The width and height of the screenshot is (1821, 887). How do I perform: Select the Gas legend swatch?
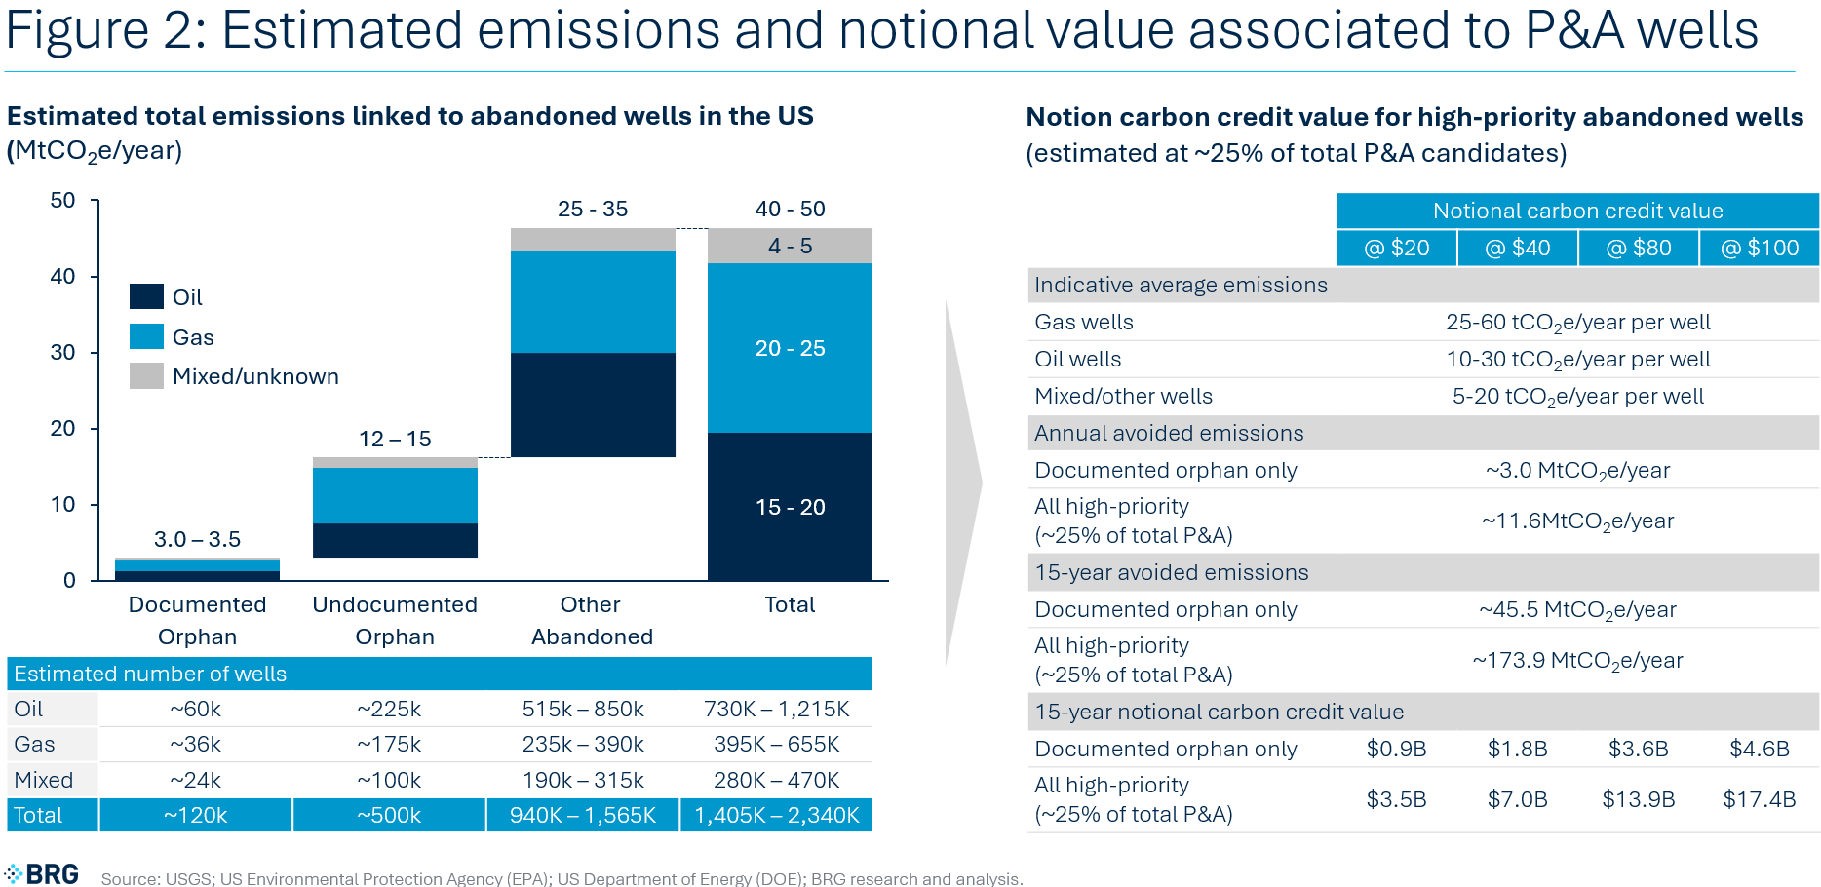pyautogui.click(x=146, y=336)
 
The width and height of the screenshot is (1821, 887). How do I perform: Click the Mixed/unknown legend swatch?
pyautogui.click(x=146, y=376)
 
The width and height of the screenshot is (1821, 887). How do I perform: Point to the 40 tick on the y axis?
pyautogui.click(x=62, y=277)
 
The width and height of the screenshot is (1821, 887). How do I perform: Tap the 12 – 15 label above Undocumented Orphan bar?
pyautogui.click(x=395, y=439)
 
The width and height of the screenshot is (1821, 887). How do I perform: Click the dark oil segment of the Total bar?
pyautogui.click(x=790, y=507)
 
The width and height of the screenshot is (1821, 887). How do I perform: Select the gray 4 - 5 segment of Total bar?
pyautogui.click(x=790, y=246)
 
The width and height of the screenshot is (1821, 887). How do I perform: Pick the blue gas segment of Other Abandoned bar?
pyautogui.click(x=593, y=302)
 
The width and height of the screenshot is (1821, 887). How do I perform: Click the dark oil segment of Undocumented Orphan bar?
pyautogui.click(x=395, y=540)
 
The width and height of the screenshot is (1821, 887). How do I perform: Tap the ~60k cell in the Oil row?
pyautogui.click(x=195, y=709)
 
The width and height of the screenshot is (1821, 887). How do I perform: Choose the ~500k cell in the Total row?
pyautogui.click(x=389, y=815)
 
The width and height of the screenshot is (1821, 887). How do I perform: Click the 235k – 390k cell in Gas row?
pyautogui.click(x=583, y=744)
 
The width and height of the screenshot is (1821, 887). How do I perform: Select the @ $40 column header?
pyautogui.click(x=1517, y=248)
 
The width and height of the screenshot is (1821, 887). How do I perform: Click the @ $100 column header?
pyautogui.click(x=1760, y=248)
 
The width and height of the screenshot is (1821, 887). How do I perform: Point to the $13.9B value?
pyautogui.click(x=1638, y=799)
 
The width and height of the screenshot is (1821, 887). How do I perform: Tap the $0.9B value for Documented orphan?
pyautogui.click(x=1396, y=749)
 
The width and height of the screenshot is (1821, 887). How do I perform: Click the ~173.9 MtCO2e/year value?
pyautogui.click(x=1577, y=660)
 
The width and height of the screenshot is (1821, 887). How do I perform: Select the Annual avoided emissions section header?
pyautogui.click(x=1169, y=433)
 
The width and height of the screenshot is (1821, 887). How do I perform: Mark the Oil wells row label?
pyautogui.click(x=1077, y=359)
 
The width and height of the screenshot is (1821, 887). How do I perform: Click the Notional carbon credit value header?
pyautogui.click(x=1577, y=211)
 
